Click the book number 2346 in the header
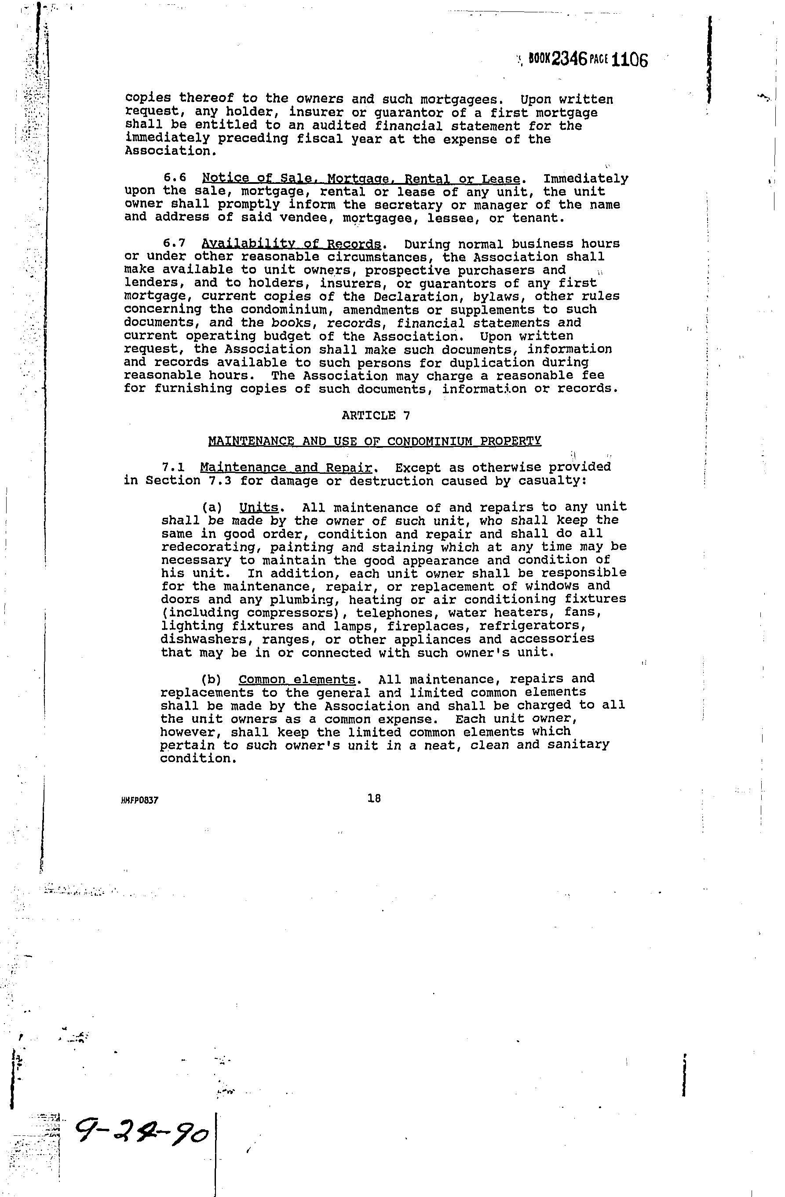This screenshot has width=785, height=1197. tap(569, 60)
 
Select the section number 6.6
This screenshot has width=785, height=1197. tap(175, 179)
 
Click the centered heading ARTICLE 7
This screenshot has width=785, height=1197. tap(376, 415)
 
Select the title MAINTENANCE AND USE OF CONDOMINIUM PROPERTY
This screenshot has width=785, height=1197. tap(375, 442)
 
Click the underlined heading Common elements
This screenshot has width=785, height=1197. tap(297, 680)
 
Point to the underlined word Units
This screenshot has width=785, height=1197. tap(259, 508)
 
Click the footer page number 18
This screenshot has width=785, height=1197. tap(374, 798)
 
